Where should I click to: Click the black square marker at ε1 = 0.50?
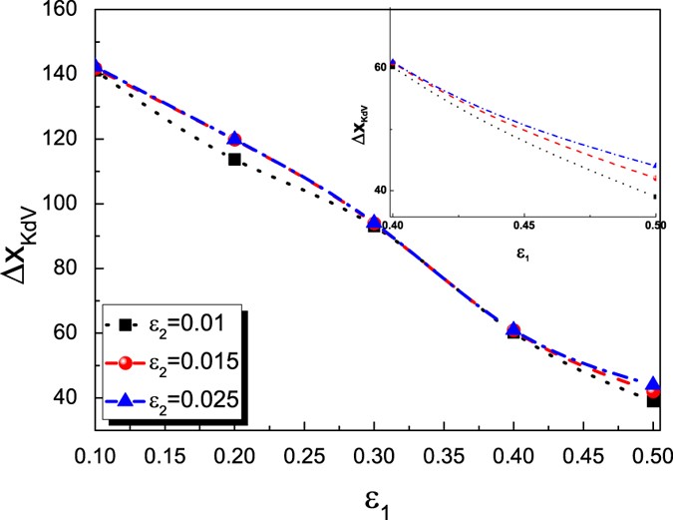653,399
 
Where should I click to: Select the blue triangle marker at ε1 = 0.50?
653,383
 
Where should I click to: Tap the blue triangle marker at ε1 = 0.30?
374,222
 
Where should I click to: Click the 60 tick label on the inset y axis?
379,67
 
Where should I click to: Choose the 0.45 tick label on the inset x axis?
523,226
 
